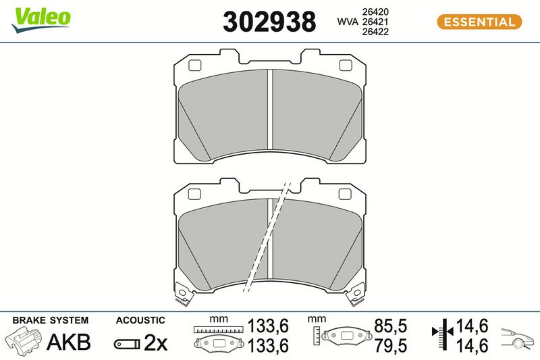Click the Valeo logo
pyautogui.click(x=41, y=20)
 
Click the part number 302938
pyautogui.click(x=269, y=22)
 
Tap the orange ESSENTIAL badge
pyautogui.click(x=479, y=22)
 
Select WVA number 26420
pyautogui.click(x=375, y=11)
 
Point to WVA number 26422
pyautogui.click(x=375, y=32)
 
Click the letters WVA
pyautogui.click(x=348, y=22)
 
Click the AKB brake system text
pyautogui.click(x=69, y=342)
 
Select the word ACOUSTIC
pyautogui.click(x=140, y=320)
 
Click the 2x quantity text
pyautogui.click(x=155, y=342)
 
